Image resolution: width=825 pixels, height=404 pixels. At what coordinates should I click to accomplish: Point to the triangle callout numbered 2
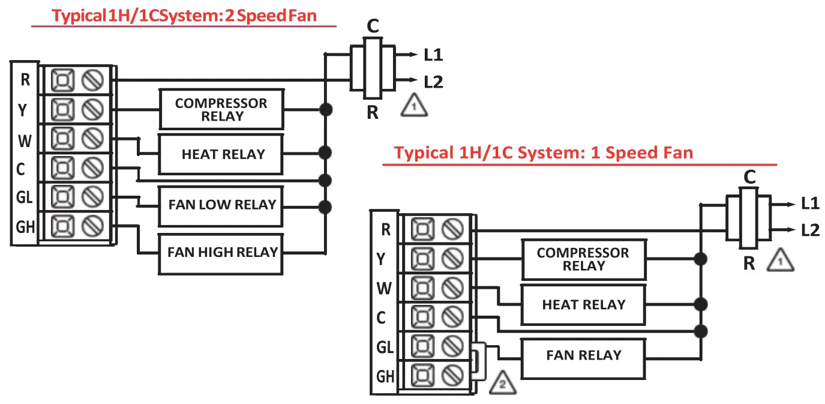503,384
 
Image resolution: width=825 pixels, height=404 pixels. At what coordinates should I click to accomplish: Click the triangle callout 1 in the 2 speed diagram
414,106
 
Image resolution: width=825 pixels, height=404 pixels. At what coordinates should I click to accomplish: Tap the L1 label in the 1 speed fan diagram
810,204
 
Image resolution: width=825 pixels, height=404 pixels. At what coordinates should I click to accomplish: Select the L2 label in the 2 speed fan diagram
433,82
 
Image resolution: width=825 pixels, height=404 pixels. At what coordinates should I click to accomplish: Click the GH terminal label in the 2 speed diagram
25,227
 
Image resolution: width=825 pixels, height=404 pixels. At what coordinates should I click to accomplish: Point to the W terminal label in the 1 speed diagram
384,288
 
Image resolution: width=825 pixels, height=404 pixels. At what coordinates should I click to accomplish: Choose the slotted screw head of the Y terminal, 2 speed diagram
92,109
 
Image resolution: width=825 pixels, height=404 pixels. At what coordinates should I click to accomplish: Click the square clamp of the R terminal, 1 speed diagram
422,229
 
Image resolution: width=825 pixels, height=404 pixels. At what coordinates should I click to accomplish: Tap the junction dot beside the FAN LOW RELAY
325,207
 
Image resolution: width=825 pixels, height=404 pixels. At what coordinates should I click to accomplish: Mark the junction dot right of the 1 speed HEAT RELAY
701,304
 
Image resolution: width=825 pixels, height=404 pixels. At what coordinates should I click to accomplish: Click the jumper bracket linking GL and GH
479,361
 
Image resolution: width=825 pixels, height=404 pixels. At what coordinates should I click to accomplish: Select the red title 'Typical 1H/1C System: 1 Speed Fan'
543,152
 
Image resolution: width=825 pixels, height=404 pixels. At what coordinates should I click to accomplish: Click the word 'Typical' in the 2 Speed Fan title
79,16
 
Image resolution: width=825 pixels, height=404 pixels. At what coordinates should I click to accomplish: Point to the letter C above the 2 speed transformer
373,26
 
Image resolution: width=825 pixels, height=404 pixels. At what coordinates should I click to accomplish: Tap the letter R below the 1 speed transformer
749,264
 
